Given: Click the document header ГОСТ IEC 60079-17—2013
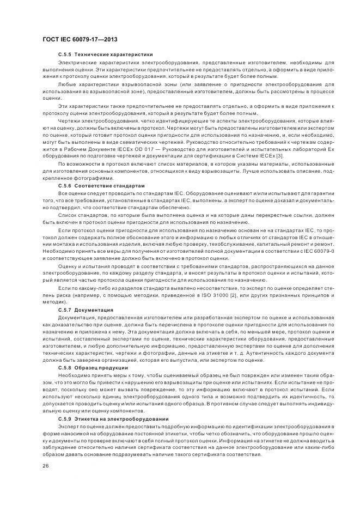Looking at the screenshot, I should pos(80,40).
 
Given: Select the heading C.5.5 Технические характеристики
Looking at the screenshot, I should pos(105,54).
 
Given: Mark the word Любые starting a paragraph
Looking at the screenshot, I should pos(68,84).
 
